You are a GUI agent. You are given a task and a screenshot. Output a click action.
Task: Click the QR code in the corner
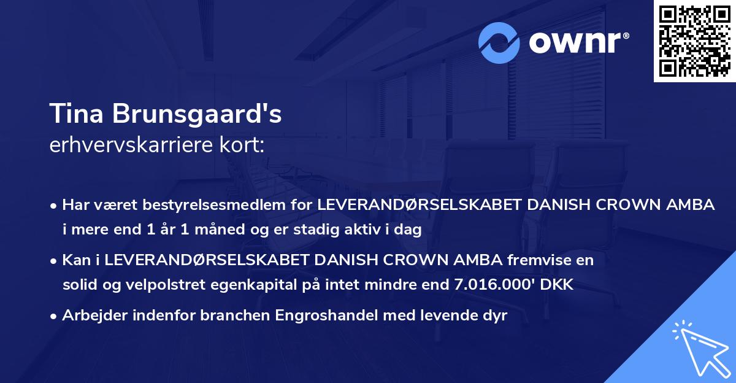694,41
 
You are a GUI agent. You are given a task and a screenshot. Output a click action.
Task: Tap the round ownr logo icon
499,42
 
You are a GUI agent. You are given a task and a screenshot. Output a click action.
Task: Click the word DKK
557,284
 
